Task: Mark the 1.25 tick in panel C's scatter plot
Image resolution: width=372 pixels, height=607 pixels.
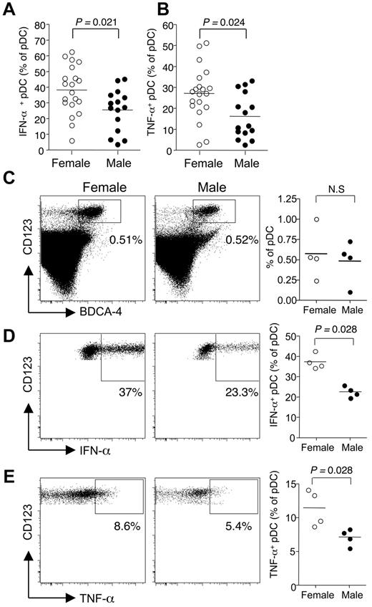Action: click(x=288, y=201)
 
